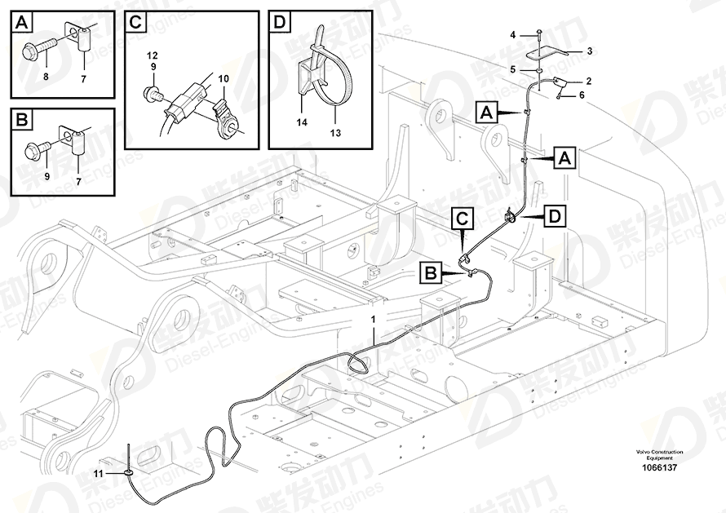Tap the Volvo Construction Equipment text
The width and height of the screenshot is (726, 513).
[x=661, y=454]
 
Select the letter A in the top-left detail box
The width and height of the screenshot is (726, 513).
[x=22, y=23]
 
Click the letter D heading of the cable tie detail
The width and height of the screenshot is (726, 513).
[x=280, y=23]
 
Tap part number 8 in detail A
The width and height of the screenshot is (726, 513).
[x=46, y=76]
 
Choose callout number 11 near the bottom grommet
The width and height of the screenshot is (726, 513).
[x=99, y=473]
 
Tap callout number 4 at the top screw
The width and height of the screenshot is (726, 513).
[x=513, y=34]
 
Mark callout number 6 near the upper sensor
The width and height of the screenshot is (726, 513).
[x=582, y=95]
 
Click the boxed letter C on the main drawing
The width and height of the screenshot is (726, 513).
[x=462, y=218]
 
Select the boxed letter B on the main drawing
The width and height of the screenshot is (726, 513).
[x=432, y=272]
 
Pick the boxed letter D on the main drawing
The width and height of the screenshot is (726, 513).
[x=554, y=215]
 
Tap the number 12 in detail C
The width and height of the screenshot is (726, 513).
[x=152, y=54]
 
